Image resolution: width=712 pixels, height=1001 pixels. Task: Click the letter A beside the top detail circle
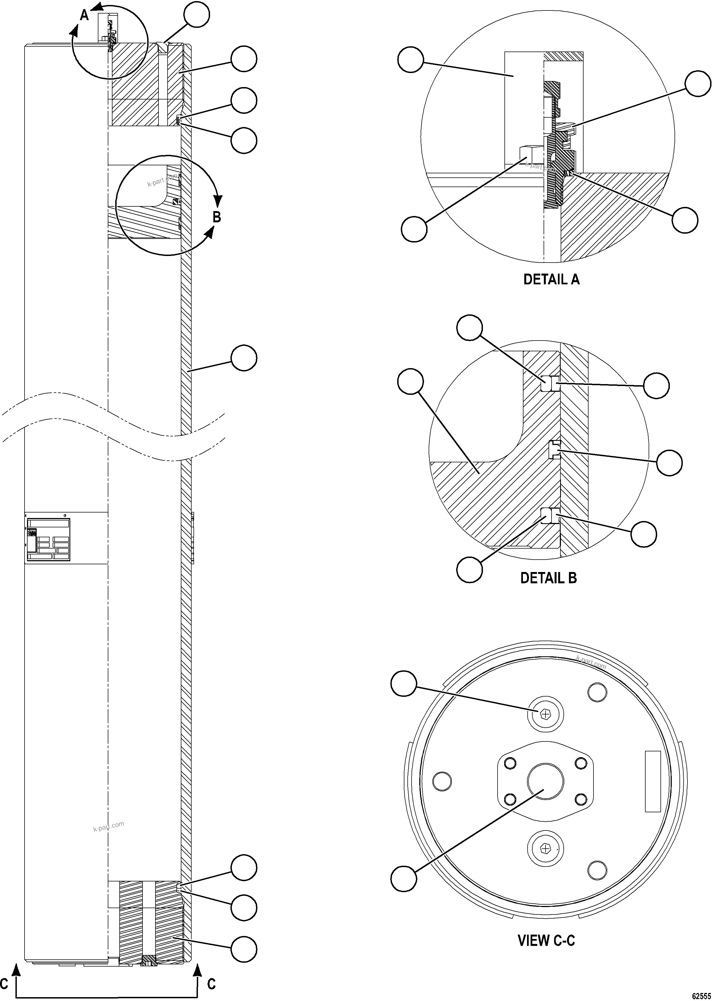pos(84,16)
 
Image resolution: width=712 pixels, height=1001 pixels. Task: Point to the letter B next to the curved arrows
pos(217,217)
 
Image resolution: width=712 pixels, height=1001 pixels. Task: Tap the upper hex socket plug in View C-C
pos(546,715)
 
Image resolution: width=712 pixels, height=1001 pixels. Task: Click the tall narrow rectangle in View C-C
pos(652,781)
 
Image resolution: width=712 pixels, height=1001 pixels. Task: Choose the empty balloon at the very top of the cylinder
pos(197,14)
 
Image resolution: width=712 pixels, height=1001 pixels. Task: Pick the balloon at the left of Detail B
pos(410,381)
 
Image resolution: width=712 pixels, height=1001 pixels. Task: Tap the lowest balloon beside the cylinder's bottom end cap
pos(243,949)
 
